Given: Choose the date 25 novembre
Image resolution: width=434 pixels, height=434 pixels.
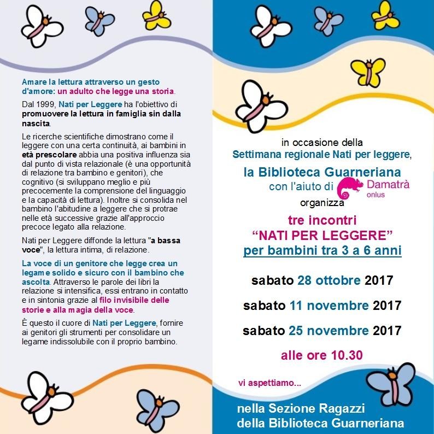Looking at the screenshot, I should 329,330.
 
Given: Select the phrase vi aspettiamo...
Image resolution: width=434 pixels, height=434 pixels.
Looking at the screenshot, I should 269,383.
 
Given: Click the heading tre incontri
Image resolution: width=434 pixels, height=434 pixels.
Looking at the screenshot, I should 322,221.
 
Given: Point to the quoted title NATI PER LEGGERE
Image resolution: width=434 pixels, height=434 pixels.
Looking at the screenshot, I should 322,236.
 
